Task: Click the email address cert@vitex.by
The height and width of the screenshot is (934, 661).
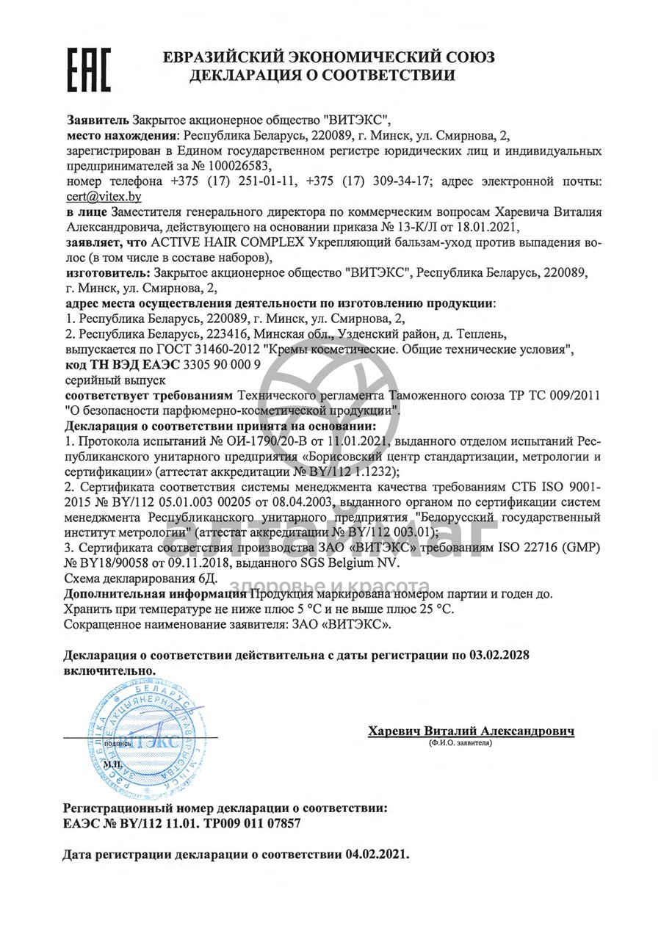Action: point(103,196)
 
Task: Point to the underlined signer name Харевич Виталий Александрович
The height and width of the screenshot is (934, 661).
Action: point(471,731)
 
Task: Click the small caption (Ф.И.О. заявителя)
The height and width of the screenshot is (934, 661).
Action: point(460,743)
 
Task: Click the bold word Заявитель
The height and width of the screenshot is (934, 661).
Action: point(98,120)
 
